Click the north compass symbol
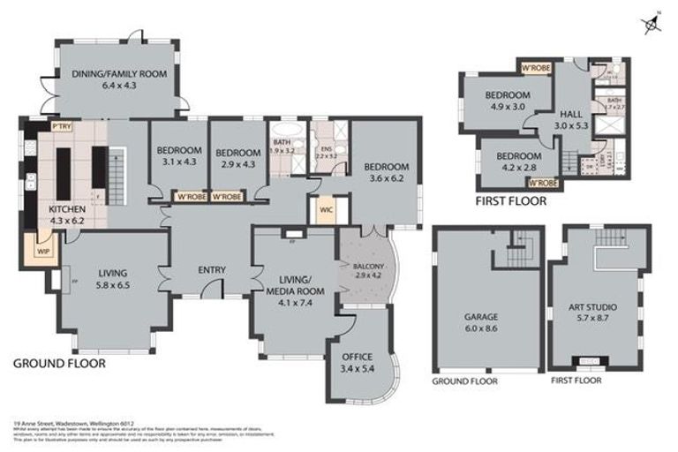tap(652, 24)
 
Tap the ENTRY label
tap(212, 270)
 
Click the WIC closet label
tap(325, 210)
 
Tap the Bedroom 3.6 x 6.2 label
tap(386, 172)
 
